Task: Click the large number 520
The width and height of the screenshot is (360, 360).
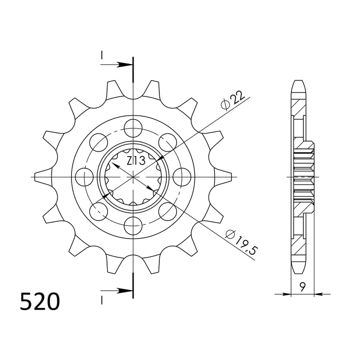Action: point(40,302)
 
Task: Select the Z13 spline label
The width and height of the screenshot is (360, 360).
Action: point(135,161)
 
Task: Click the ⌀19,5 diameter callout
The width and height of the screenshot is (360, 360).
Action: point(240,243)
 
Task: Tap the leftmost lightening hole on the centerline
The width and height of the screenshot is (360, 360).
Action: point(85,176)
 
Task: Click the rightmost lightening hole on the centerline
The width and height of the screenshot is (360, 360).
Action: point(182,176)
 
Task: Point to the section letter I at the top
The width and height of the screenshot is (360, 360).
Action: point(102,55)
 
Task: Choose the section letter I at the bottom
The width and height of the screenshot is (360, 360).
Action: point(102,299)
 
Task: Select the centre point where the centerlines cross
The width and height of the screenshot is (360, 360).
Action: point(134,177)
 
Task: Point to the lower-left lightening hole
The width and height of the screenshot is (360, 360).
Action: point(99,210)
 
